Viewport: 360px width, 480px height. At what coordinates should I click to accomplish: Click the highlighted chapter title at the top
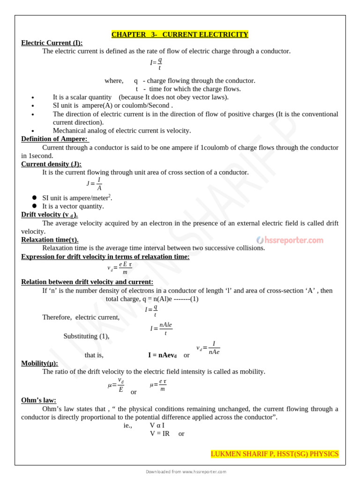(180, 35)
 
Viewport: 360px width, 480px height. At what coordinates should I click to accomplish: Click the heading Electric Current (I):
(52, 43)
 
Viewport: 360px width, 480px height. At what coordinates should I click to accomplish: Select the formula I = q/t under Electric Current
(156, 63)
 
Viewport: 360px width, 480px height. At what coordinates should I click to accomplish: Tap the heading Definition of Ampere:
(55, 139)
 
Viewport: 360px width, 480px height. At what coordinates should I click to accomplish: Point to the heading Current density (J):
(51, 164)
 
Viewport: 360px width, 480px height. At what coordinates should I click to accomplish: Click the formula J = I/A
(94, 184)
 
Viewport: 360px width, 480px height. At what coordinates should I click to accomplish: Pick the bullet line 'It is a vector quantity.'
(73, 206)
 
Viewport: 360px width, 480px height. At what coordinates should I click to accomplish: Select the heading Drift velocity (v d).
(50, 215)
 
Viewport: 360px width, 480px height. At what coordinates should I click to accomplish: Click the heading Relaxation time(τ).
(50, 240)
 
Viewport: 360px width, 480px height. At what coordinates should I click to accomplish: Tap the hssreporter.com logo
(290, 240)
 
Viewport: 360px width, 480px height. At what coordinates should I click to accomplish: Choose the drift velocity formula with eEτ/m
(120, 268)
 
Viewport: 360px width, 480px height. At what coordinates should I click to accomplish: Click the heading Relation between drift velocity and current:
(87, 282)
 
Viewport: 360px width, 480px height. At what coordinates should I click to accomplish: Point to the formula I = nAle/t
(161, 329)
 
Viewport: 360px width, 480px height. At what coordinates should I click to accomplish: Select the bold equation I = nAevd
(162, 355)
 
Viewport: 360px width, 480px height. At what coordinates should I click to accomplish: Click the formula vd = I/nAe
(208, 348)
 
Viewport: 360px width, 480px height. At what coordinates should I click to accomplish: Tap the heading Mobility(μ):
(40, 363)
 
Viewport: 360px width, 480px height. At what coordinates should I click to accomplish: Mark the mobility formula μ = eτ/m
(158, 385)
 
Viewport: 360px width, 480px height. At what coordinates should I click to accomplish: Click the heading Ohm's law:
(38, 400)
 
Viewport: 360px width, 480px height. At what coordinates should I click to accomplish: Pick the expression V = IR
(160, 434)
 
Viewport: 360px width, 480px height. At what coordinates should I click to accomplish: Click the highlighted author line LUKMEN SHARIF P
(274, 454)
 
